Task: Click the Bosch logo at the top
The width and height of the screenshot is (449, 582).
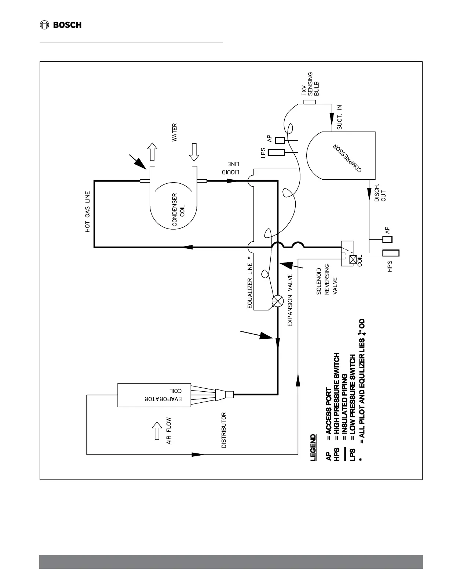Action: (x=61, y=25)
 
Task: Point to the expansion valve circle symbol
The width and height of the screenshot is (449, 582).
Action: (x=277, y=302)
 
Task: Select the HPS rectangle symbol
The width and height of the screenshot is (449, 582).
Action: (x=391, y=253)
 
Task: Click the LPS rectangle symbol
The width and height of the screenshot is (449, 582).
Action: (x=276, y=152)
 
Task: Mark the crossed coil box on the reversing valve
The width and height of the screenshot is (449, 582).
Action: (x=353, y=259)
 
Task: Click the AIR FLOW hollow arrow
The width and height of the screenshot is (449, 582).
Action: (x=157, y=430)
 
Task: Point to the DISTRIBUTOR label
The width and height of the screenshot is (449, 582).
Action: (x=224, y=430)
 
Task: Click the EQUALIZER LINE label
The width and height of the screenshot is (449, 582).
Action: (x=250, y=285)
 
